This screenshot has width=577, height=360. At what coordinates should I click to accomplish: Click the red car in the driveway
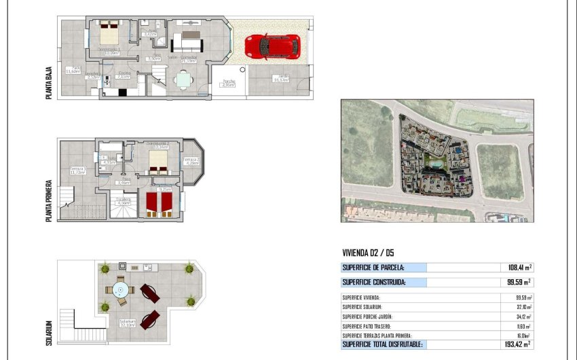pos(272,46)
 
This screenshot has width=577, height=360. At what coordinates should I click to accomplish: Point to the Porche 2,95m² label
pos(227,83)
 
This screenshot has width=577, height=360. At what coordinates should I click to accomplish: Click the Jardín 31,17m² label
pos(280,77)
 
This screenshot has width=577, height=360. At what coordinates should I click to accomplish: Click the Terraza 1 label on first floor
pos(77,170)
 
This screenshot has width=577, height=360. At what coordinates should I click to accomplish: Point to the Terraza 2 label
pos(191,161)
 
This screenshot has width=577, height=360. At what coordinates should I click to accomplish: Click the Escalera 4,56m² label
pos(123,201)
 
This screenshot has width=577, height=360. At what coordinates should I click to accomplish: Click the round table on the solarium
pos(121,291)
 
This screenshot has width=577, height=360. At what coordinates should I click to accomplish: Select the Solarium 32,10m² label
pos(127,323)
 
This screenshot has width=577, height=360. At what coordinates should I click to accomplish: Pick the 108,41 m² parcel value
pos(519,268)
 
